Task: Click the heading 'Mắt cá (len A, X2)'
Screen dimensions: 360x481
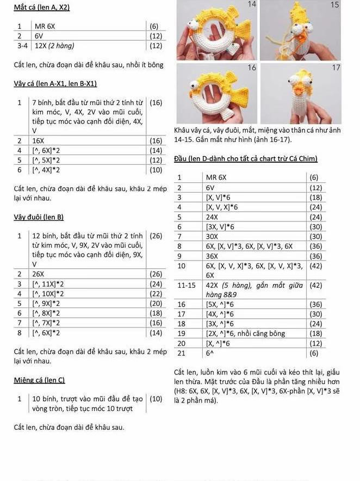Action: click(x=42, y=8)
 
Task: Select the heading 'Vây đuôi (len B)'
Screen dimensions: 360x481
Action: click(x=39, y=217)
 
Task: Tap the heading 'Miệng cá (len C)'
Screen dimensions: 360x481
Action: click(x=39, y=380)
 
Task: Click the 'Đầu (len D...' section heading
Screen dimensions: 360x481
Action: click(x=245, y=158)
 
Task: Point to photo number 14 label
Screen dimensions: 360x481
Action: click(x=251, y=4)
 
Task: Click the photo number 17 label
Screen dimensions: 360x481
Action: click(x=336, y=67)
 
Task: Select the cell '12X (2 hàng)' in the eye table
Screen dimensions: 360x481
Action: click(x=54, y=45)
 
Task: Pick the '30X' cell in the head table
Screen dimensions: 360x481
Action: click(x=212, y=237)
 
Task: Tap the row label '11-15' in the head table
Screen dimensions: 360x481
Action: click(x=186, y=285)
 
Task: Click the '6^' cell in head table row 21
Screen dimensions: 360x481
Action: click(x=209, y=353)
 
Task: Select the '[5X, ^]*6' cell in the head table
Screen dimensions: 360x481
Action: click(x=220, y=304)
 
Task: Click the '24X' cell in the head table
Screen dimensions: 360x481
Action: click(x=212, y=217)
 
